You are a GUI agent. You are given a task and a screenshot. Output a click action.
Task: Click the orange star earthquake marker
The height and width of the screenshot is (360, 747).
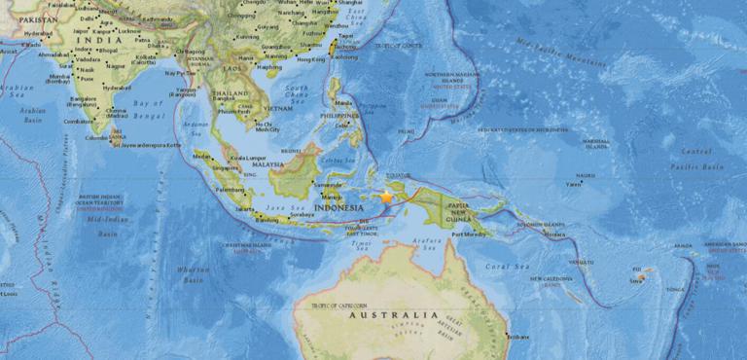[386, 197]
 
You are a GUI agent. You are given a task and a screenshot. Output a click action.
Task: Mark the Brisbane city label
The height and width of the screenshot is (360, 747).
[519, 337]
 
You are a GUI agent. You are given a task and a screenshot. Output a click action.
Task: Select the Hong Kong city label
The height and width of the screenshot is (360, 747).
[312, 58]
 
